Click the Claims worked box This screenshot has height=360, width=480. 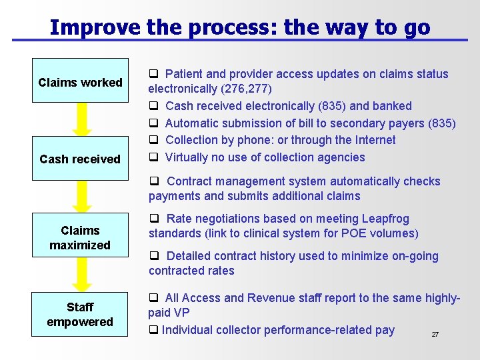tap(80, 83)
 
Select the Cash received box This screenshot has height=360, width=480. tap(80, 159)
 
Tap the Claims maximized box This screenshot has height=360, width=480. tap(80, 238)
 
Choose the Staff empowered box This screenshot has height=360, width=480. tap(80, 315)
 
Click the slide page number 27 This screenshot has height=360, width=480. tap(435, 335)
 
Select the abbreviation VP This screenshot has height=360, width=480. tap(181, 313)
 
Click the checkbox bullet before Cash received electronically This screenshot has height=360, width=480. tap(153, 106)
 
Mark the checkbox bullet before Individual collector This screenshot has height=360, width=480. tap(153, 330)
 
